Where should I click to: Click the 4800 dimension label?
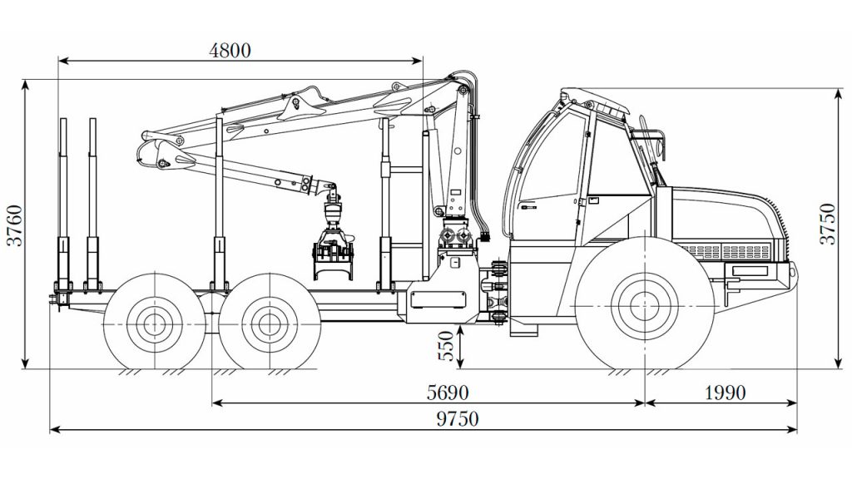coord(230,51)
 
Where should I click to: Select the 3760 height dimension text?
coord(15,225)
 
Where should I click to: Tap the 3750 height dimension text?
coord(828,224)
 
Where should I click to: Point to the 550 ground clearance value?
coord(446,346)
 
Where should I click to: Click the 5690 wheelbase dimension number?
coord(447,393)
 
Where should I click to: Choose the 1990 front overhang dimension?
coord(725,393)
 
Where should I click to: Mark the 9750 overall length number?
coord(458,419)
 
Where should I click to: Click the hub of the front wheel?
coord(645,306)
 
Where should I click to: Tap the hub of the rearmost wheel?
coord(155,324)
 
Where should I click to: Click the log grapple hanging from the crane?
coord(333,244)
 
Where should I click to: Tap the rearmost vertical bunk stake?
coord(63,204)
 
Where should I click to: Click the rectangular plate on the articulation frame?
coord(438,299)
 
